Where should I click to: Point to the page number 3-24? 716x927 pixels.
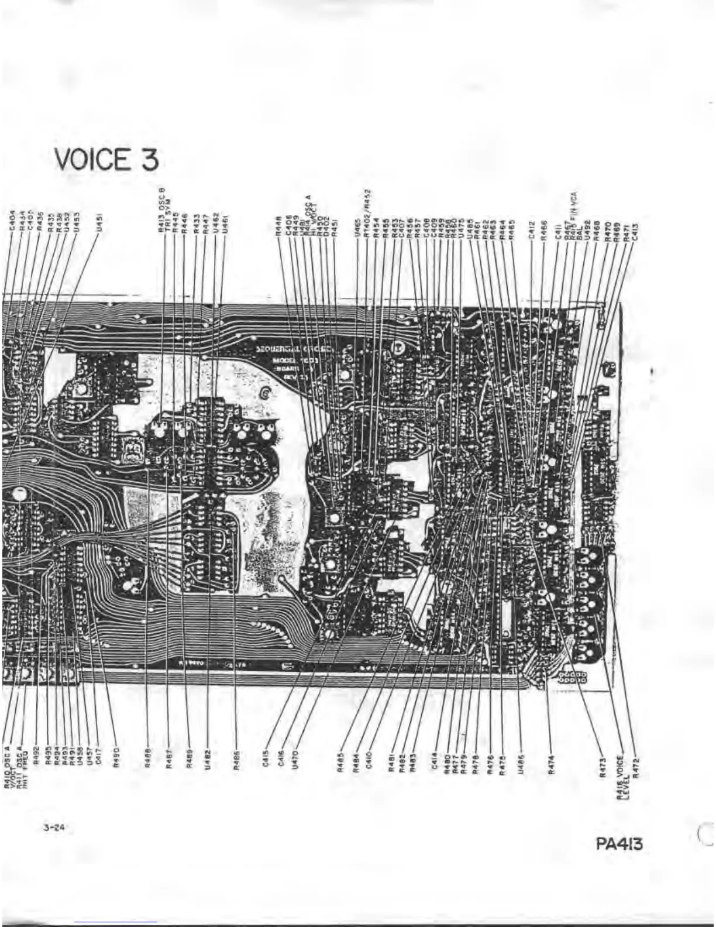pos(53,828)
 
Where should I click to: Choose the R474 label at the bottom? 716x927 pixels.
pos(550,765)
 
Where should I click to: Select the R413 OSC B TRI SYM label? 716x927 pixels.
pos(163,211)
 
